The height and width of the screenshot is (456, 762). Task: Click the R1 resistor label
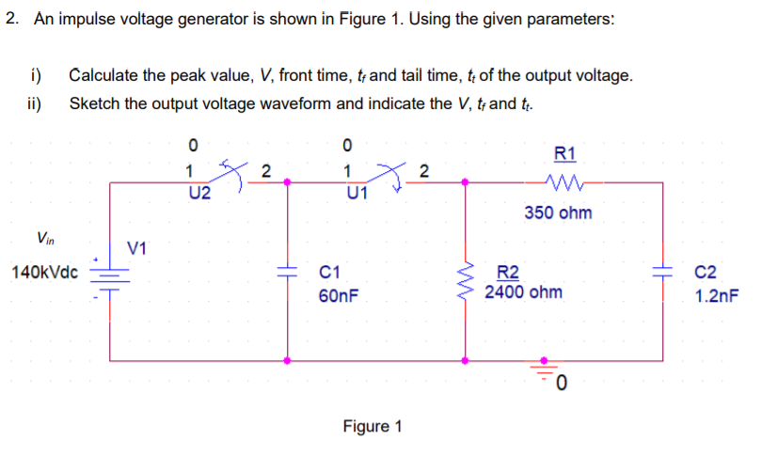tap(566, 154)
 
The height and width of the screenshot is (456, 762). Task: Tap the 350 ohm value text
tap(559, 212)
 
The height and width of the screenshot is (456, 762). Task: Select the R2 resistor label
tap(508, 275)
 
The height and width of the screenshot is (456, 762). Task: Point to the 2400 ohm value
tap(524, 292)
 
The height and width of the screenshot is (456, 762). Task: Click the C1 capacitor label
tap(329, 275)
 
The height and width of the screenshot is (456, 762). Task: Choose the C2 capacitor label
tap(705, 275)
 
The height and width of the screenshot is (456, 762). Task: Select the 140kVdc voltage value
tap(45, 274)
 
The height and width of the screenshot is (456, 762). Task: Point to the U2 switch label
tap(199, 195)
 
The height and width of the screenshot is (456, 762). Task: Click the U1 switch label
tap(357, 195)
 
